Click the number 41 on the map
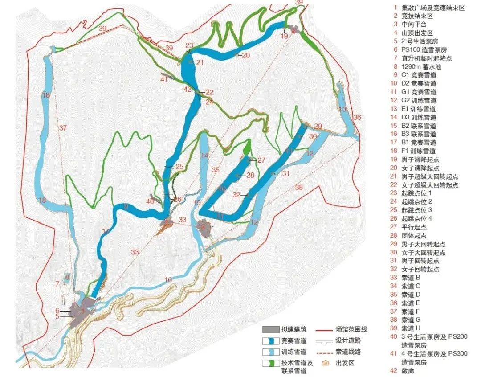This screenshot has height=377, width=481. click(x=164, y=79)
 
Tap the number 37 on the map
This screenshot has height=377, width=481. click(x=63, y=128)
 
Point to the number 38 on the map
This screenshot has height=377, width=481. click(x=298, y=188)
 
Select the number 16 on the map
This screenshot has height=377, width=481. click(x=168, y=279)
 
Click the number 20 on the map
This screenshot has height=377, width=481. click(x=246, y=55)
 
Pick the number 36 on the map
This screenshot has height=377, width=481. click(x=357, y=117)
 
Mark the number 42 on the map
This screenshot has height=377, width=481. click(x=187, y=89)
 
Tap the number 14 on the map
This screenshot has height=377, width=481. click(x=204, y=156)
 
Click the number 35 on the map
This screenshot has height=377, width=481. click(x=216, y=170)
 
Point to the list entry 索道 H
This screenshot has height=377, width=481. click(x=411, y=328)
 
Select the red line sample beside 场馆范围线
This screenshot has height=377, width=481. click(x=325, y=330)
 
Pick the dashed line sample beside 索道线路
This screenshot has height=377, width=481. click(x=325, y=352)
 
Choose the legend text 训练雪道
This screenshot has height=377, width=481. click(x=293, y=352)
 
